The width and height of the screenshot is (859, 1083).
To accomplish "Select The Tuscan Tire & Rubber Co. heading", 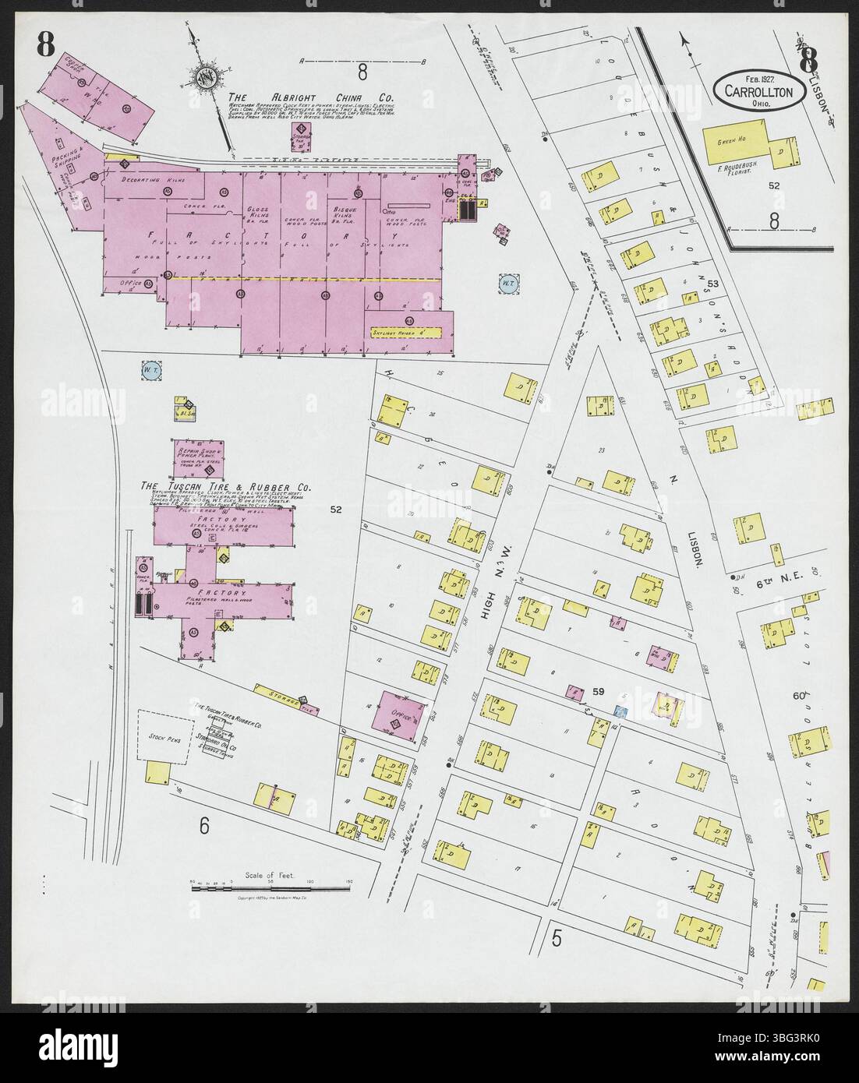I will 225,487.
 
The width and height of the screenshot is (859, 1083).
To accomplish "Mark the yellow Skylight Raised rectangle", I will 406,332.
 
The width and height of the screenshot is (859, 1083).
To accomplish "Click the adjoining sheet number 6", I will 203,826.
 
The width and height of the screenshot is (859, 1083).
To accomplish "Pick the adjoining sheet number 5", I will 557,938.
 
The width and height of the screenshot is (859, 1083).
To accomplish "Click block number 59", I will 599,690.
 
